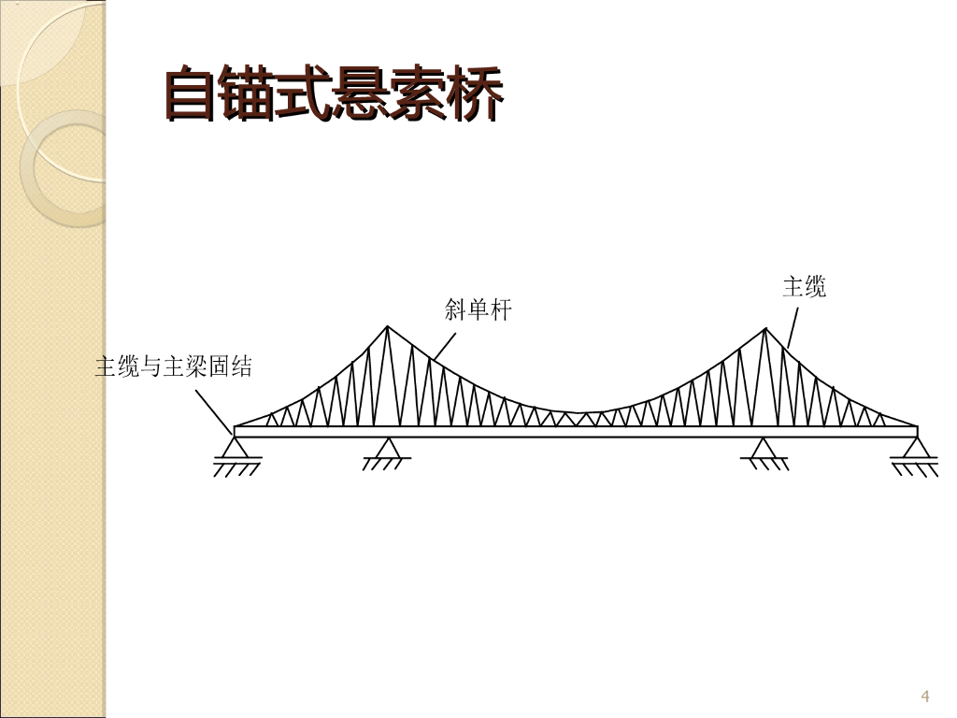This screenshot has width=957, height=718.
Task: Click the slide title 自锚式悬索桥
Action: [x=334, y=93]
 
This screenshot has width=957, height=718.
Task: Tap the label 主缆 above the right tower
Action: [x=805, y=286]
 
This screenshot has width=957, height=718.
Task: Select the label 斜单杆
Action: [x=478, y=309]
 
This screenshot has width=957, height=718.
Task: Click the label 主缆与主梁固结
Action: [x=173, y=366]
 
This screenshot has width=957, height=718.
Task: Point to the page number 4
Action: [x=924, y=696]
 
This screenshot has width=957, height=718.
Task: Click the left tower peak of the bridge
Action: [x=387, y=326]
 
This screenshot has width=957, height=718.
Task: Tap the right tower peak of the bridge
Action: [x=765, y=329]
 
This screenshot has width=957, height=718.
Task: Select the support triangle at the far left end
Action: [x=234, y=447]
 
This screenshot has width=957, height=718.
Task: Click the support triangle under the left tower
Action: [x=387, y=448]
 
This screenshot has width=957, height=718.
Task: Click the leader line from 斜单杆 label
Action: [x=444, y=346]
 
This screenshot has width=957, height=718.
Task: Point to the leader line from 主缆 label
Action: [x=793, y=328]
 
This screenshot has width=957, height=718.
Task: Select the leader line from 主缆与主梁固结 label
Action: [x=214, y=411]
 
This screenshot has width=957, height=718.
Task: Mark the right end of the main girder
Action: [x=918, y=432]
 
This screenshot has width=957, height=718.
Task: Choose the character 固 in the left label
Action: [x=219, y=366]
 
